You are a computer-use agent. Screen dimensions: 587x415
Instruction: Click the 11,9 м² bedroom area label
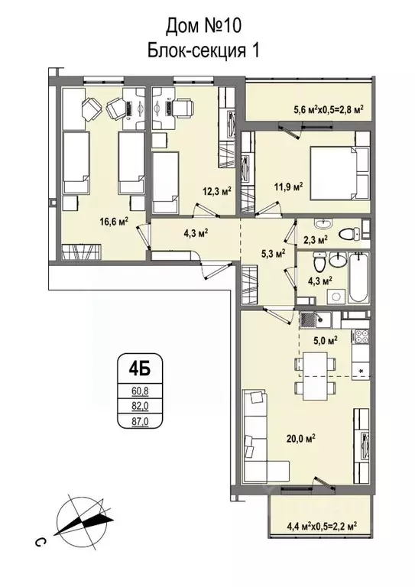pyautogui.click(x=289, y=185)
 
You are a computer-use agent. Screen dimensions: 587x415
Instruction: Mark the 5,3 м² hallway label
pyautogui.click(x=273, y=252)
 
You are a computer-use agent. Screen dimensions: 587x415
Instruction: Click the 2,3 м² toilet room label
pyautogui.click(x=315, y=239)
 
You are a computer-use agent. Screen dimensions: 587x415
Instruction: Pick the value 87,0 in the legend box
pyautogui.click(x=138, y=420)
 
